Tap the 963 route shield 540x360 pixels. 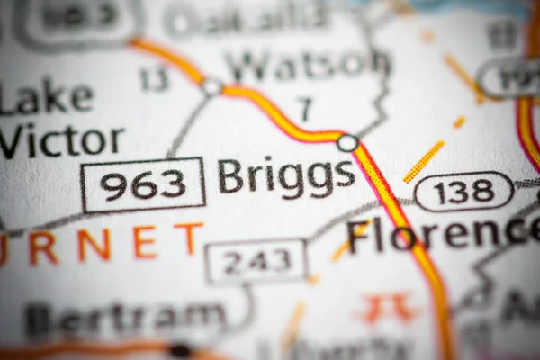click(x=143, y=184)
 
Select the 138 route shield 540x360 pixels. click(x=463, y=191)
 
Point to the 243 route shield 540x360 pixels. click(x=256, y=260)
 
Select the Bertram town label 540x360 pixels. click(x=126, y=317)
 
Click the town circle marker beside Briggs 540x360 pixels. click(x=347, y=142)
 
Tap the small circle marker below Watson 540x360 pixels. click(x=211, y=87)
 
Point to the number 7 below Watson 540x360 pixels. click(x=306, y=109)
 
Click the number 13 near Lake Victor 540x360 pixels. click(x=154, y=79)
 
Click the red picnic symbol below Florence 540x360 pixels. click(x=388, y=308)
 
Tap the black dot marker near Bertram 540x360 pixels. click(x=180, y=349)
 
